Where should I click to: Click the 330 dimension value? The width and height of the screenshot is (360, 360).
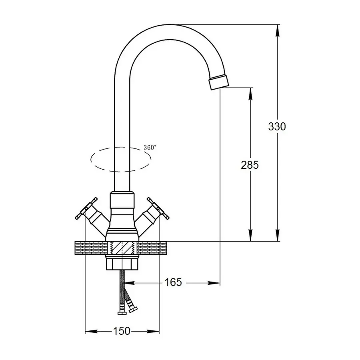(x=277, y=126)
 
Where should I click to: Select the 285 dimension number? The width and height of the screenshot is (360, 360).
(x=250, y=165)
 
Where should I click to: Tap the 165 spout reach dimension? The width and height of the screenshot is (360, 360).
(x=173, y=282)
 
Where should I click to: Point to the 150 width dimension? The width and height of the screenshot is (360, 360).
(x=122, y=331)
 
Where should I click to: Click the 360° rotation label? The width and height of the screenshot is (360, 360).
(x=150, y=147)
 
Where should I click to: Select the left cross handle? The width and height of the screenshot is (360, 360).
(x=86, y=208)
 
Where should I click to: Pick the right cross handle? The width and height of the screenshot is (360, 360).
(x=158, y=208)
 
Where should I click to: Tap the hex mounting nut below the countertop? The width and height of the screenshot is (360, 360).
(x=122, y=263)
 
